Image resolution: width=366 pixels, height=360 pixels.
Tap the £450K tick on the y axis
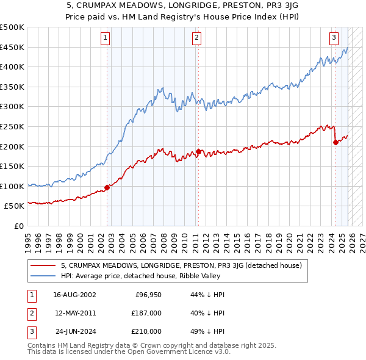[12, 47]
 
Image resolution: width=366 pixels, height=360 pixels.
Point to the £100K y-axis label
[12, 186]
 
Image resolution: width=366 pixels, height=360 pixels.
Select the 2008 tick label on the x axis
[164, 238]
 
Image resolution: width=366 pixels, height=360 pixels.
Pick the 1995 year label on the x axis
[28, 238]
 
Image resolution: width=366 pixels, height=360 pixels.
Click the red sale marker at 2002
[107, 187]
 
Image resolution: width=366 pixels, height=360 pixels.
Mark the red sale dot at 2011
[198, 151]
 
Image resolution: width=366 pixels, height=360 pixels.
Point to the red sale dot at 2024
[335, 142]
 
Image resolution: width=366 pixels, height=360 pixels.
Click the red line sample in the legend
[44, 265]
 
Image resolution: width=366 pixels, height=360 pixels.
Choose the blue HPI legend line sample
[44, 275]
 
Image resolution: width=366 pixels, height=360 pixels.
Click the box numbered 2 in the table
[30, 313]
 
